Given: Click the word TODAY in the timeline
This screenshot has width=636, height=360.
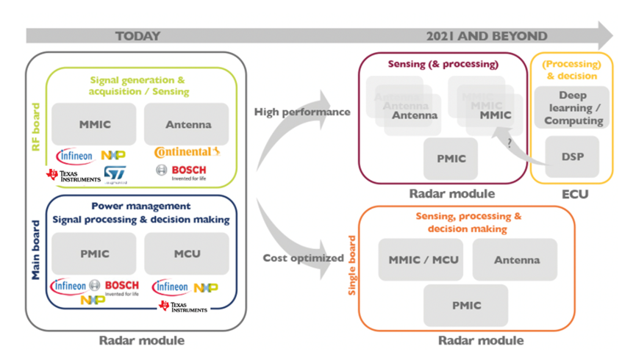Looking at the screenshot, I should (137, 36).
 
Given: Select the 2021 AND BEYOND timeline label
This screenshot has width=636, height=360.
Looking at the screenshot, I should (487, 36).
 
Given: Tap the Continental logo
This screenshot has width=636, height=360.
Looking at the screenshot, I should (187, 153).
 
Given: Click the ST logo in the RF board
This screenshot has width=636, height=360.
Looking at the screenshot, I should (114, 174).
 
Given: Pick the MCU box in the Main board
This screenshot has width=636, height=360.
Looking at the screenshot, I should (186, 253).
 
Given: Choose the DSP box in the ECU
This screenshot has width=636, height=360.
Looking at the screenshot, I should (572, 156).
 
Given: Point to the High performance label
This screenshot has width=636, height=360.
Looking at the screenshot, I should (302, 112).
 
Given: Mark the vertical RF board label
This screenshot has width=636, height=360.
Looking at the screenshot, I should (36, 127).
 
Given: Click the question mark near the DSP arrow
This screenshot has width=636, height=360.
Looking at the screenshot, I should (509, 144).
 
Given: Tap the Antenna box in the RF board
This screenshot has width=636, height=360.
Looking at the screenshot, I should (186, 125).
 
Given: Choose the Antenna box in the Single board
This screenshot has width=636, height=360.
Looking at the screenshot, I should (515, 259).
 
